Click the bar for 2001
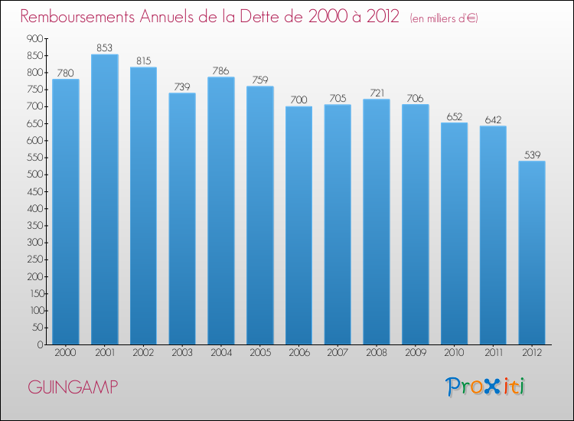(x=105, y=200)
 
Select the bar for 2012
(x=532, y=253)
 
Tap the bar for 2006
(x=298, y=226)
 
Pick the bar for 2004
(x=221, y=210)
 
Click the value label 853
(x=104, y=48)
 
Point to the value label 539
(x=532, y=155)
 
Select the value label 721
(x=377, y=93)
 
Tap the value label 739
(x=182, y=86)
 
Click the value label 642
(x=493, y=119)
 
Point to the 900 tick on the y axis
(x=34, y=38)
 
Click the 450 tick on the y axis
(x=34, y=191)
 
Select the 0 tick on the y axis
(x=40, y=344)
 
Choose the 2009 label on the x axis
(x=416, y=353)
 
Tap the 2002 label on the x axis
(x=143, y=353)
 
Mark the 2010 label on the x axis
(x=455, y=353)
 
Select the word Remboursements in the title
(x=77, y=16)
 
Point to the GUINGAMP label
(x=73, y=387)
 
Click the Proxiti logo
(x=485, y=387)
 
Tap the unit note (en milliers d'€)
(x=444, y=18)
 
